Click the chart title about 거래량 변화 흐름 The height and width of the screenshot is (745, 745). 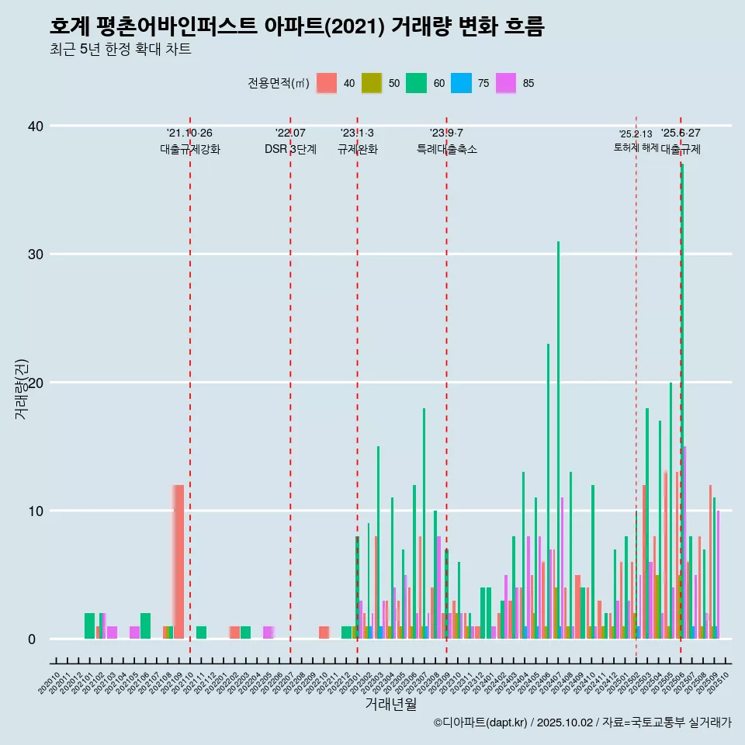[x=296, y=26]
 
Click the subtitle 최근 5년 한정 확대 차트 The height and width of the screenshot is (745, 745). [x=120, y=50]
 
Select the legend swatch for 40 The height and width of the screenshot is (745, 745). [x=327, y=83]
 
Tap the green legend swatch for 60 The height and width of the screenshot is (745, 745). [x=417, y=83]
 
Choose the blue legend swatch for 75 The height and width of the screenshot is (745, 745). [x=462, y=83]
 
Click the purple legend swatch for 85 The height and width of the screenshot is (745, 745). [x=506, y=83]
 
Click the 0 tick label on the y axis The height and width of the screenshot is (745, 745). [x=32, y=639]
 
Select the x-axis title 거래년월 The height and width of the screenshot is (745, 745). [x=390, y=704]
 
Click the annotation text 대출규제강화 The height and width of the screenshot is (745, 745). [x=190, y=150]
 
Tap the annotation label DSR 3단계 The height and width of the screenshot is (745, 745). [x=290, y=150]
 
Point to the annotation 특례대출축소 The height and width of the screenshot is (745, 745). [x=446, y=150]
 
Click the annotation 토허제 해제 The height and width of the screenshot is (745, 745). [x=636, y=147]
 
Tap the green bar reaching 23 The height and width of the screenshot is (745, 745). [x=548, y=489]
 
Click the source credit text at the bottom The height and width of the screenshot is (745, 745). [x=582, y=722]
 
